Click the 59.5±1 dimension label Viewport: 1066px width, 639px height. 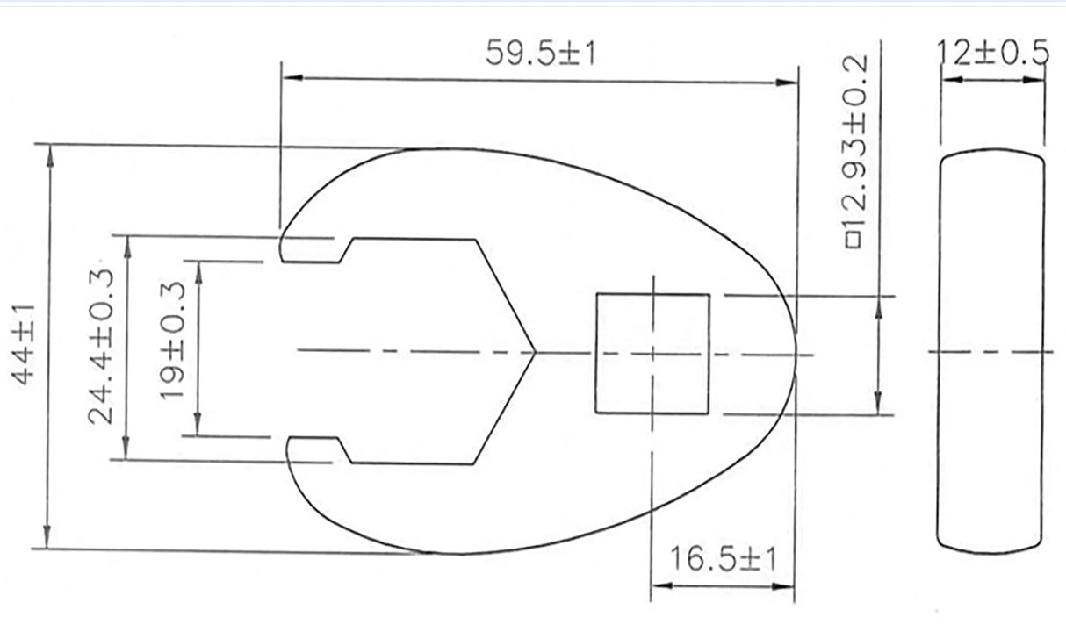(541, 54)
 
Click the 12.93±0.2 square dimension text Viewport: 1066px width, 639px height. (854, 151)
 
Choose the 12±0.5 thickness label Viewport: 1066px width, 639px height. (992, 54)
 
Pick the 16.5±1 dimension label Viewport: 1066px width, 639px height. (722, 559)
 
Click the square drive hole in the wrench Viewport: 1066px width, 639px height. (652, 354)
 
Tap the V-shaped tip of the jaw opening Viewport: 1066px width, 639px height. (533, 353)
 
